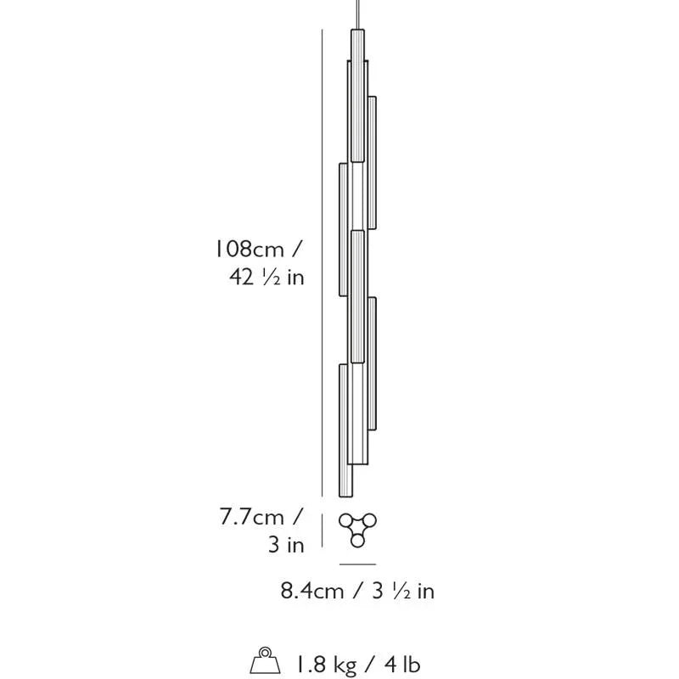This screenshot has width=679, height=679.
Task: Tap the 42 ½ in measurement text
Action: [x=267, y=277]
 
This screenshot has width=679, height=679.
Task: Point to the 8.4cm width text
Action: [x=312, y=590]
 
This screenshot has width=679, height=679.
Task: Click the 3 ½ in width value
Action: [x=403, y=590]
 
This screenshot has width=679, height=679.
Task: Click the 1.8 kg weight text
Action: [x=326, y=664]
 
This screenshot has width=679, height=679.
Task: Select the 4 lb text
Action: [x=402, y=663]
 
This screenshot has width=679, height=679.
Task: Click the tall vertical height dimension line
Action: [x=323, y=263]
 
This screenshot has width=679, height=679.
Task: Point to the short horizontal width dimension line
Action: [x=357, y=564]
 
